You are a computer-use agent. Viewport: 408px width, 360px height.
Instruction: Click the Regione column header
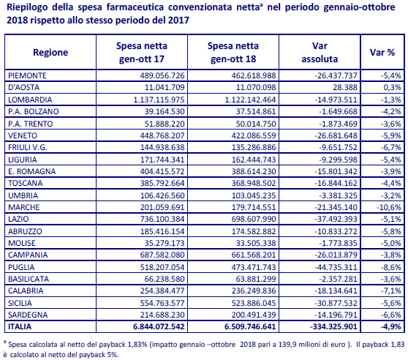[50, 53]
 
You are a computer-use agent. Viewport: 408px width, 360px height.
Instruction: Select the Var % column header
[382, 53]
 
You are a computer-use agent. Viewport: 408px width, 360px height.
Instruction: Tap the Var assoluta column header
[320, 53]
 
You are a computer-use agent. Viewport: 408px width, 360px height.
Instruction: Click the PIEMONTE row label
[27, 75]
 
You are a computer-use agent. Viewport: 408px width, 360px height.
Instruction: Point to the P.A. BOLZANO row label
[34, 111]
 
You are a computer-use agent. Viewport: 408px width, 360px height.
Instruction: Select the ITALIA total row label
[20, 326]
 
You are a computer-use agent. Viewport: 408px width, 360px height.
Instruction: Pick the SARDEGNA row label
[28, 315]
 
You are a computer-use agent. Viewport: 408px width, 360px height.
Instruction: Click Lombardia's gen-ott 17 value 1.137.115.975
[159, 100]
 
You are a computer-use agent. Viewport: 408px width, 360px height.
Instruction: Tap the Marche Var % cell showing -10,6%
[389, 207]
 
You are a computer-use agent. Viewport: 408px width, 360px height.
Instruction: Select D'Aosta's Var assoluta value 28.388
[345, 87]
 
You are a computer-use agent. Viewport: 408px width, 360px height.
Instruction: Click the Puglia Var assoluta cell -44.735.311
[336, 267]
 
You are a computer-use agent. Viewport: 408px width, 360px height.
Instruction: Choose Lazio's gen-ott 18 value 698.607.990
[254, 219]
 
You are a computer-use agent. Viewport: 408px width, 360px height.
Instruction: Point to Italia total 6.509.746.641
[250, 326]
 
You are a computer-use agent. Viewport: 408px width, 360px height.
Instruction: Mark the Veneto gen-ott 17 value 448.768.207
[162, 135]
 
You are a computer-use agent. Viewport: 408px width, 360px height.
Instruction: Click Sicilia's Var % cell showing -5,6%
[391, 303]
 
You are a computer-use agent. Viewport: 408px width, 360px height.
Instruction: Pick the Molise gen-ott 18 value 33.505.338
[256, 243]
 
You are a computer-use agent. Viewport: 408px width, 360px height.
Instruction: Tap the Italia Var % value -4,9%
[391, 326]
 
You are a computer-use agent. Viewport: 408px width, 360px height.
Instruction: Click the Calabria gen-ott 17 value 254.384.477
[162, 290]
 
